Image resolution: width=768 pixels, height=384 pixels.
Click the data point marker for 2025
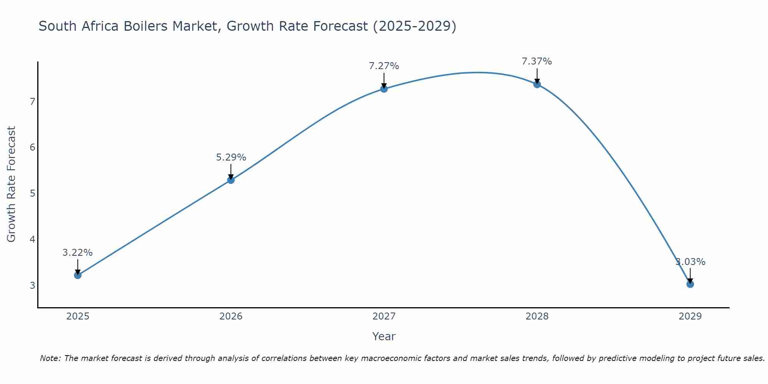point(78,275)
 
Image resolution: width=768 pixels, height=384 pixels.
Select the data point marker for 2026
point(231,180)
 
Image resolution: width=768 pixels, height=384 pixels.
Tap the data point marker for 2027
point(384,89)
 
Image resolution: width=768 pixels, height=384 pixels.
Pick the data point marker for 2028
point(537,84)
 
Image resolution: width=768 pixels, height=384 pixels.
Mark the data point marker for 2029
point(690,284)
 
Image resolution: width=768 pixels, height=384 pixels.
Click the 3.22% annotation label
point(78,253)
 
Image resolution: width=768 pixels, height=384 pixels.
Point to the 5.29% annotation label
point(231,157)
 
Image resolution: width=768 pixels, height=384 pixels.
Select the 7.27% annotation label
point(384,66)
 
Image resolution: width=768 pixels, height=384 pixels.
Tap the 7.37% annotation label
point(537,61)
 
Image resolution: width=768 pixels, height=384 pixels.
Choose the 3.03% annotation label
point(690,262)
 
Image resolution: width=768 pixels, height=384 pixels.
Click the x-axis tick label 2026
point(231,316)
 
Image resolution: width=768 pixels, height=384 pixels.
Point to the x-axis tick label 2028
point(537,316)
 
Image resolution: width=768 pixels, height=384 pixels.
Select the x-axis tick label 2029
point(690,316)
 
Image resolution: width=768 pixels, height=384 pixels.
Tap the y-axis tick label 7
point(32,102)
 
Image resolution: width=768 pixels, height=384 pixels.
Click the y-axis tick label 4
point(32,240)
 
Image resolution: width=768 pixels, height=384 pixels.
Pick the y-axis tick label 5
point(32,194)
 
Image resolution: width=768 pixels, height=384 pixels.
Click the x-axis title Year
point(384,336)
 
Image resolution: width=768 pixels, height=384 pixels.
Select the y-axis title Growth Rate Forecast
point(12,184)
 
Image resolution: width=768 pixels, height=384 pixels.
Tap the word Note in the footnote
point(50,358)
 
